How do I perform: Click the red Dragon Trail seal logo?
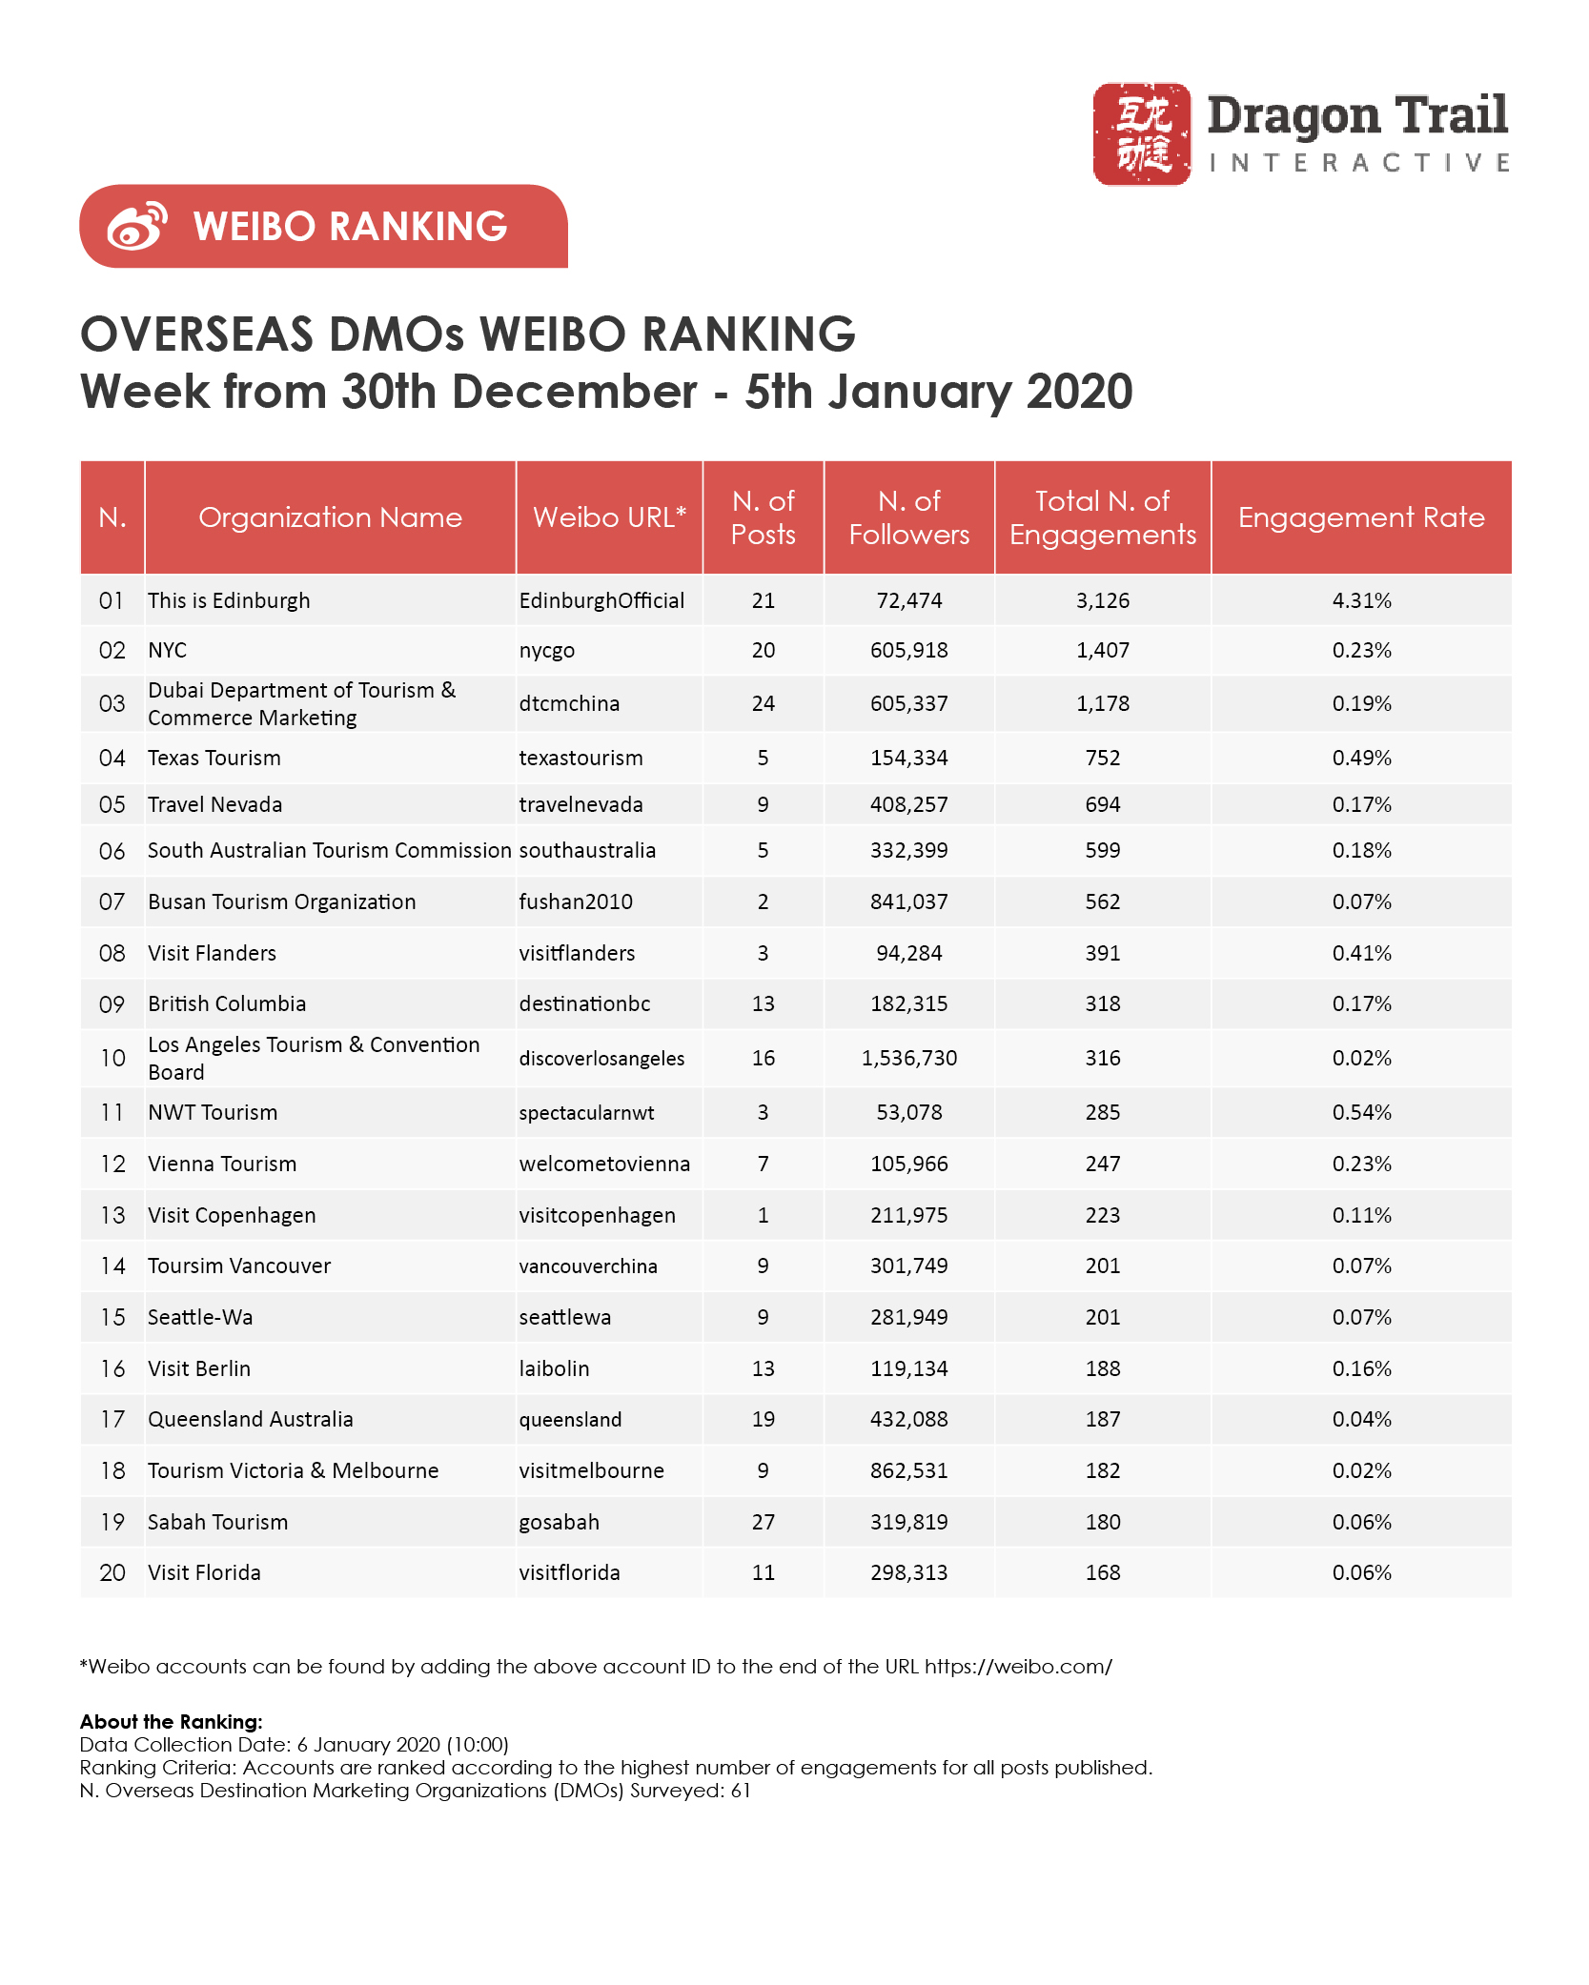point(1141,133)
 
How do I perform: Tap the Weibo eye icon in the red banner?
point(137,227)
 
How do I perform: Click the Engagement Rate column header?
point(1361,517)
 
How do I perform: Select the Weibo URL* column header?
point(610,517)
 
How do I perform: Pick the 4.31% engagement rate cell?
point(1362,600)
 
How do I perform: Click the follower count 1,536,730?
point(909,1058)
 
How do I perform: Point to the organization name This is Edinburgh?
point(229,600)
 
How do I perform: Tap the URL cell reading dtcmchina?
point(569,703)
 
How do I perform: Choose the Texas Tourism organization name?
point(214,758)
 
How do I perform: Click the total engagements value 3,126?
point(1103,600)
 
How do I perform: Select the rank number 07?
point(112,901)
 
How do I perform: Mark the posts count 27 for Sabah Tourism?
point(764,1522)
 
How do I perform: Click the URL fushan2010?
point(576,901)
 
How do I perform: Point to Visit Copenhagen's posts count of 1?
point(764,1215)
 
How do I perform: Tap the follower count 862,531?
point(909,1470)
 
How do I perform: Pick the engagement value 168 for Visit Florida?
point(1103,1572)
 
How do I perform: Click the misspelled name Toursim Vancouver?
point(239,1266)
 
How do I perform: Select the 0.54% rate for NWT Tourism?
point(1362,1112)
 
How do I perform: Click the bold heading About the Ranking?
point(172,1722)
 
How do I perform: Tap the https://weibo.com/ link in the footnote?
point(1018,1667)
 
